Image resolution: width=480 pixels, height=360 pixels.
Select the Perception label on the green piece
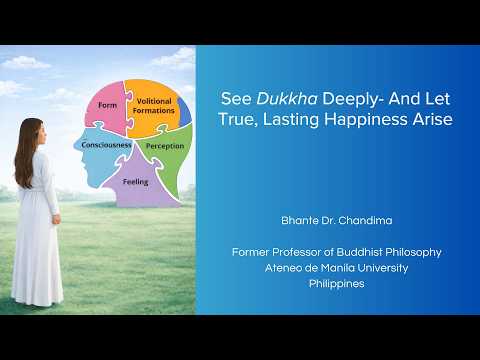pyautogui.click(x=164, y=146)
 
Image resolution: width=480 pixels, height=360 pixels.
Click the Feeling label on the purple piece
pyautogui.click(x=136, y=182)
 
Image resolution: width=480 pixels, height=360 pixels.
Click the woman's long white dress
pyautogui.click(x=37, y=240)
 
